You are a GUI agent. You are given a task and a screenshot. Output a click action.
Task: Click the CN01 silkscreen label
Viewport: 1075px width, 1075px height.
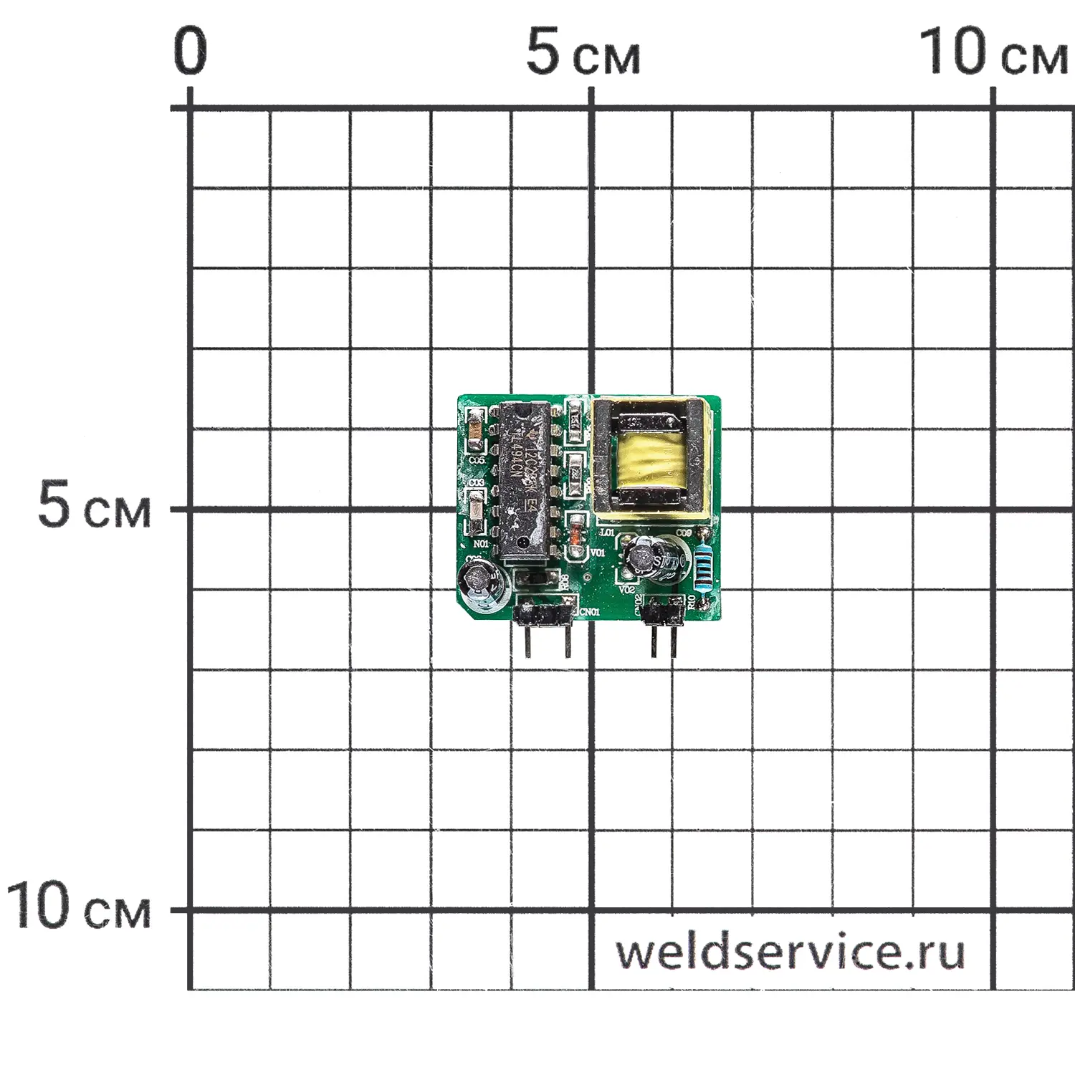(589, 611)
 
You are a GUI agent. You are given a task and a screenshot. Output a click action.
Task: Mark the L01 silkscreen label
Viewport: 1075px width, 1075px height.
(606, 532)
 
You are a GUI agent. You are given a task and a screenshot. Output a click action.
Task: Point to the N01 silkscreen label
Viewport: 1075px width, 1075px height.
(481, 545)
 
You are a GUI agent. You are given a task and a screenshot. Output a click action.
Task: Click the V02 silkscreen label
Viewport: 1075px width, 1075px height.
(626, 590)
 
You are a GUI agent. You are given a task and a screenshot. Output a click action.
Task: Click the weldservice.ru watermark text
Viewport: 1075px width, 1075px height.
(790, 952)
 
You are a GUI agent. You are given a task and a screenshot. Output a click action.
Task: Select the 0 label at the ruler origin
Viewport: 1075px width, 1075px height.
(190, 52)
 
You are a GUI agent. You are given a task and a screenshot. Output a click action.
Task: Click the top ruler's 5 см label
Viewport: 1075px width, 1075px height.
(582, 53)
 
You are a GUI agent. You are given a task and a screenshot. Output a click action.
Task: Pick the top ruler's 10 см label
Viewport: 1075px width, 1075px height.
(992, 53)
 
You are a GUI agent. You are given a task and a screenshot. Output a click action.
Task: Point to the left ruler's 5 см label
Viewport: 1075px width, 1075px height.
(94, 506)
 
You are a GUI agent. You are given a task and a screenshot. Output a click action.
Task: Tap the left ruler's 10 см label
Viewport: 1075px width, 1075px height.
(79, 907)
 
